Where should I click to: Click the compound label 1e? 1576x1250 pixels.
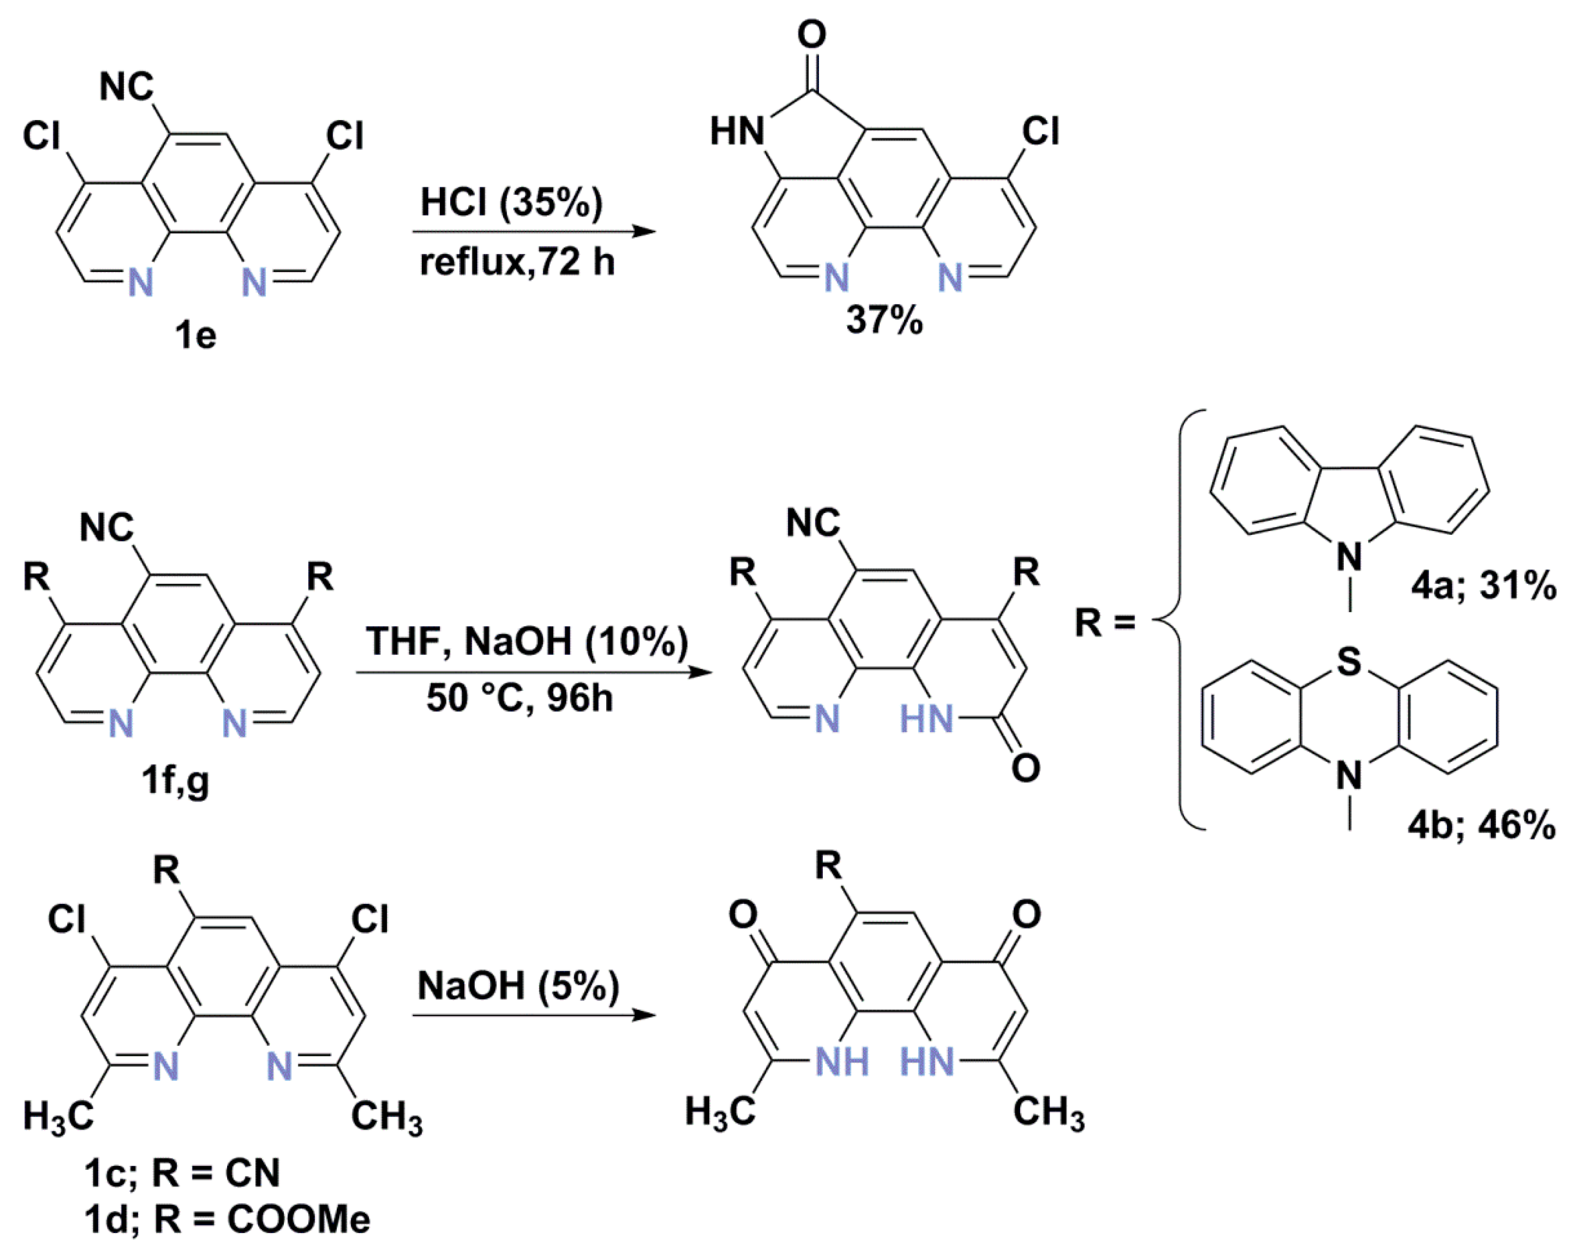(x=195, y=336)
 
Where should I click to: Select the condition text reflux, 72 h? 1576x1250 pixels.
(x=517, y=261)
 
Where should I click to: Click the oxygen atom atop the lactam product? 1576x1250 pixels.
(x=812, y=34)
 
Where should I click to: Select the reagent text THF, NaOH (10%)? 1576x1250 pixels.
(x=527, y=641)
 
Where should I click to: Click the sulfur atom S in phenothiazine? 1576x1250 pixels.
(x=1349, y=662)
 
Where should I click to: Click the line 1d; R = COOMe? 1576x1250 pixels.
(x=227, y=1219)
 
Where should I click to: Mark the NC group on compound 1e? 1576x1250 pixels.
(x=127, y=87)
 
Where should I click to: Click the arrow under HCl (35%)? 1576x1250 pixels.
(x=533, y=233)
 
